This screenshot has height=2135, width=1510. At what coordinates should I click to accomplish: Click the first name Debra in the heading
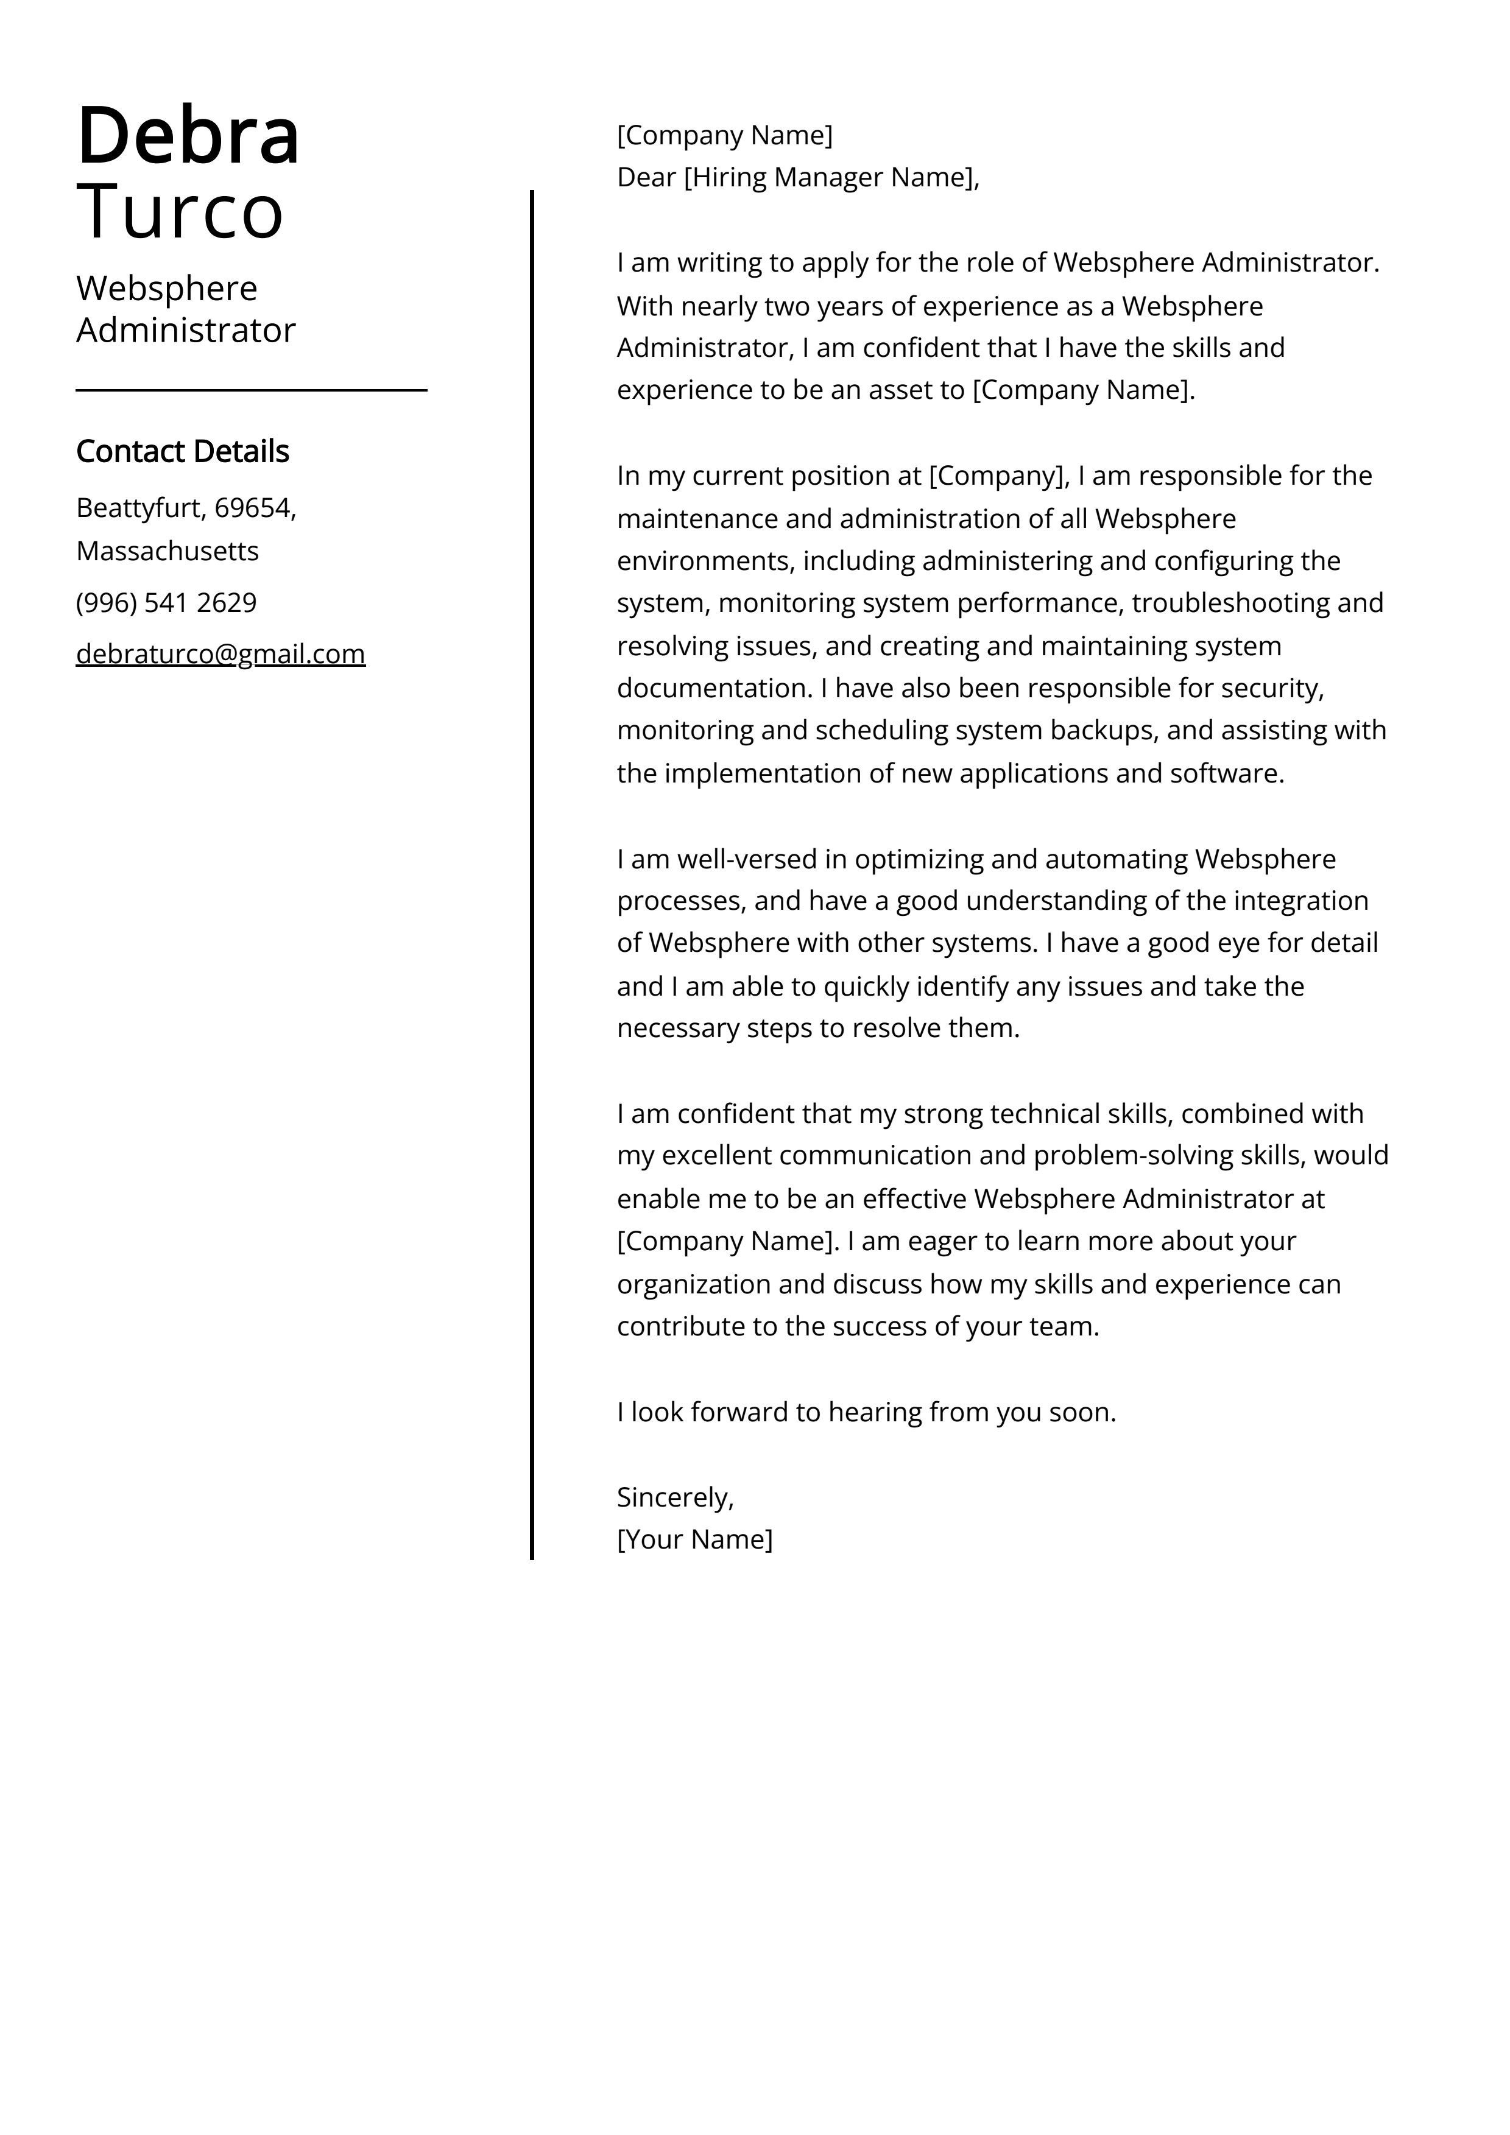[x=188, y=136]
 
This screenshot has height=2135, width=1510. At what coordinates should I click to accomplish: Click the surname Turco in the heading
[x=180, y=212]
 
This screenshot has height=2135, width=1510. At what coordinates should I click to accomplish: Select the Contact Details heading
[x=182, y=451]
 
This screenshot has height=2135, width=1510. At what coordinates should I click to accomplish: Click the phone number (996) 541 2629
[x=166, y=602]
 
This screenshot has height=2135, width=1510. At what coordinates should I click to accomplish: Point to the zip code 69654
[x=252, y=508]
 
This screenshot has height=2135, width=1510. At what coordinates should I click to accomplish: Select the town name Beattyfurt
[x=141, y=508]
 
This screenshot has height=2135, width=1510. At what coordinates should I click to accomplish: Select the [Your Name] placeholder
[x=695, y=1539]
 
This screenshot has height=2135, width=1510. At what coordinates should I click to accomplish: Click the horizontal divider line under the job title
[x=251, y=390]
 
